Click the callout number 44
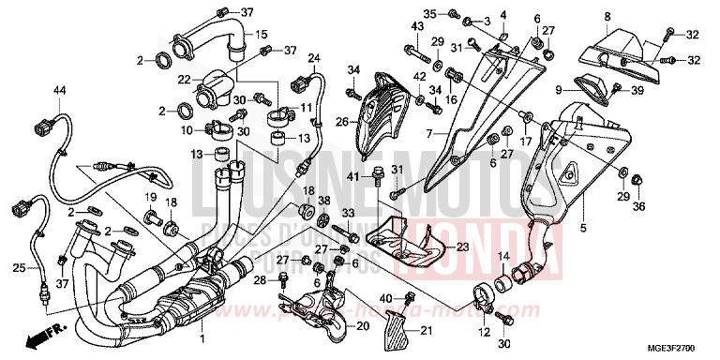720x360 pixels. (x=59, y=89)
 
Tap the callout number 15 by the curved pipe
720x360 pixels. (x=262, y=34)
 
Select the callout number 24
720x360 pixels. (x=313, y=58)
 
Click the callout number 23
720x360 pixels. (x=461, y=247)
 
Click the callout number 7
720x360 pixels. (x=431, y=134)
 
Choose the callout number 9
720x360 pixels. (x=558, y=90)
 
